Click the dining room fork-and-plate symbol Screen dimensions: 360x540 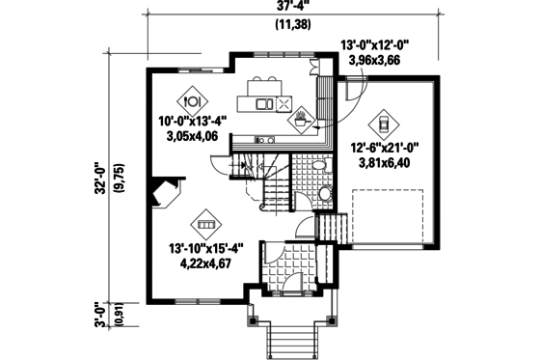191,97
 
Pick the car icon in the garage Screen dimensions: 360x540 383,123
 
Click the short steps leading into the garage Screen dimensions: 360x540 334,230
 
